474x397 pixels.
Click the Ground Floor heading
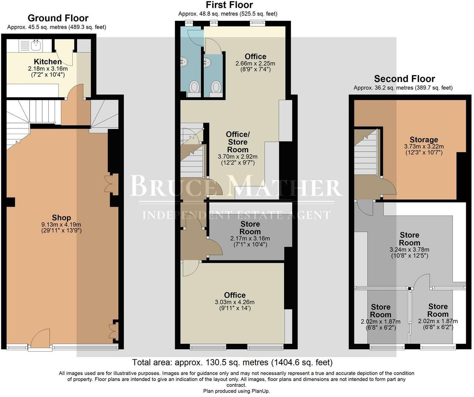[x=58, y=18]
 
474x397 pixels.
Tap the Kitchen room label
[x=48, y=62]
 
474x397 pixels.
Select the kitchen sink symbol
[x=36, y=45]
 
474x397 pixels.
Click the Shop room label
[x=61, y=218]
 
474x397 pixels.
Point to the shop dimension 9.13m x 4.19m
[x=61, y=224]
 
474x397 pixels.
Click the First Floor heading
[x=229, y=5]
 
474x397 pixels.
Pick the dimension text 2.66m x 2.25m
[x=255, y=63]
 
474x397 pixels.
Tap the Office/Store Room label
[x=238, y=142]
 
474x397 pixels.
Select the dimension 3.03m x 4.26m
[x=234, y=302]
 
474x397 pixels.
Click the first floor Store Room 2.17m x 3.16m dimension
[x=250, y=238]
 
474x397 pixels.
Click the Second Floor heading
[x=404, y=79]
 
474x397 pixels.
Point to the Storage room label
[x=424, y=140]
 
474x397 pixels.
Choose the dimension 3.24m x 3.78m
[x=410, y=250]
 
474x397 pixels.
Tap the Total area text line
[x=232, y=362]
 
